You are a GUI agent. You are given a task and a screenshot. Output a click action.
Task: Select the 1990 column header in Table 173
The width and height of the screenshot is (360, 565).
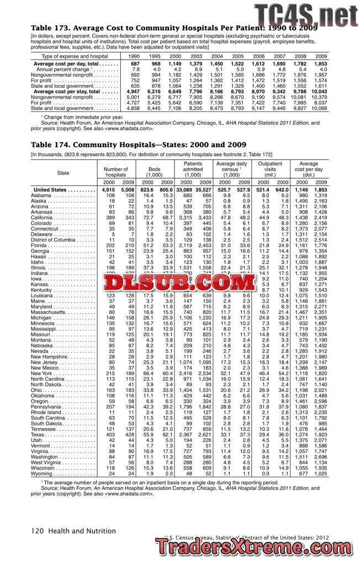(134, 56)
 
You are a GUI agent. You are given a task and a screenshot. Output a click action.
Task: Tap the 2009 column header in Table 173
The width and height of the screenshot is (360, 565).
(321, 56)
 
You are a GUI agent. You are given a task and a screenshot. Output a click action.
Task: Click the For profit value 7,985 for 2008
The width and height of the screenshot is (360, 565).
(300, 103)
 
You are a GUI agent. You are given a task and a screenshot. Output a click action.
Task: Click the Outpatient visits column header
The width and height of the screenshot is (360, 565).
(270, 168)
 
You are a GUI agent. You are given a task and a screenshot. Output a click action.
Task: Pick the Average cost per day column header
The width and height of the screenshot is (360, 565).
(311, 168)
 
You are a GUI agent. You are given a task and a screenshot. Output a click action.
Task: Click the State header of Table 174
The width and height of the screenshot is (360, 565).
(63, 172)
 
